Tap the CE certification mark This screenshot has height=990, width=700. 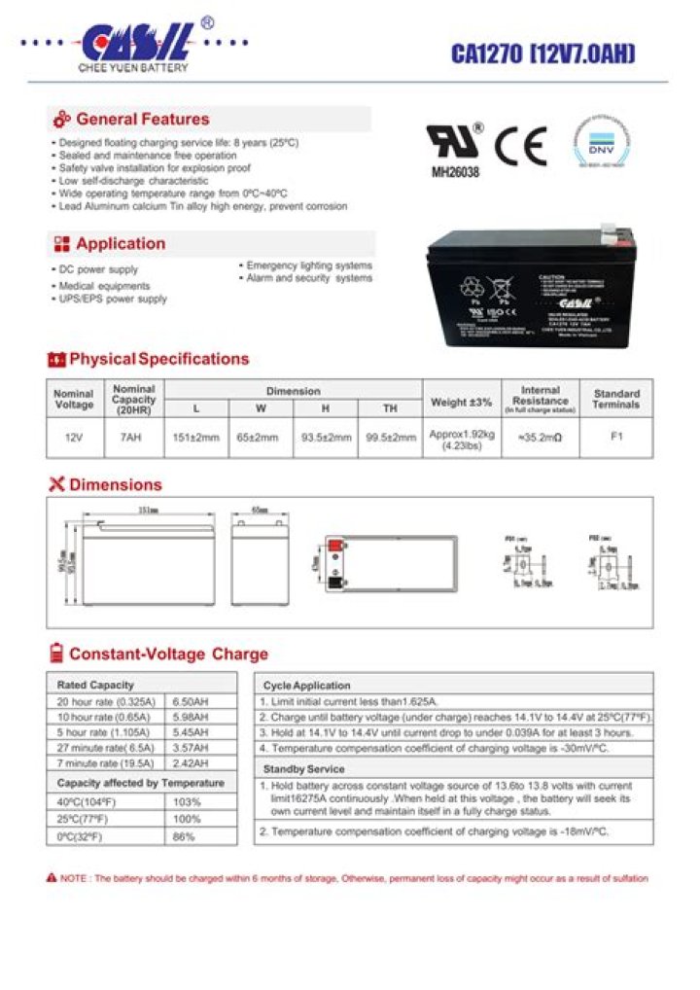click(x=521, y=146)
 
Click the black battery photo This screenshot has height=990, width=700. click(x=531, y=293)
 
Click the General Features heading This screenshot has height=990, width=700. click(x=142, y=120)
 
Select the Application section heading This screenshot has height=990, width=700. click(x=121, y=244)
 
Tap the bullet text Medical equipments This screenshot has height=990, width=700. click(x=104, y=286)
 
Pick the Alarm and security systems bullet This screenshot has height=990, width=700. click(x=309, y=278)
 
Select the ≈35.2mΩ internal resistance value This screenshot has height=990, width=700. click(x=541, y=438)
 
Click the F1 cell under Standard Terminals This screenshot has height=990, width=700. click(x=616, y=437)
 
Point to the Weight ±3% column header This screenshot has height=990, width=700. click(x=461, y=402)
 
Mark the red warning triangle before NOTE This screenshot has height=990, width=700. click(x=52, y=878)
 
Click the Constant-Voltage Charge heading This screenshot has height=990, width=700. click(x=167, y=654)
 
